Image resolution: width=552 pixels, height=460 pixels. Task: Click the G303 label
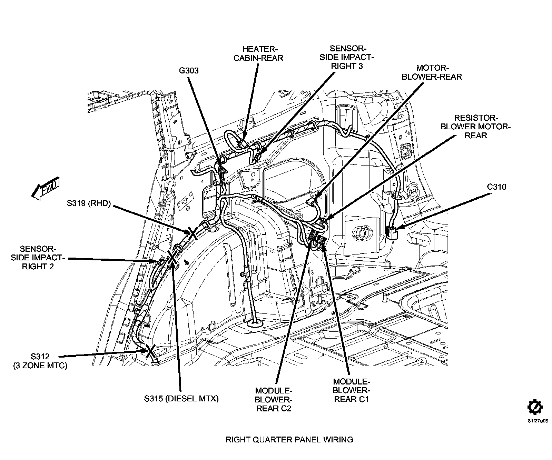coord(189,71)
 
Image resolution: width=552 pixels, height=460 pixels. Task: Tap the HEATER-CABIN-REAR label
coord(258,53)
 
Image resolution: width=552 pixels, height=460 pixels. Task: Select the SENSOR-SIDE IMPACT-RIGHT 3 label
coord(347,57)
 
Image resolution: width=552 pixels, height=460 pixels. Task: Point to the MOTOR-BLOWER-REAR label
coord(432,72)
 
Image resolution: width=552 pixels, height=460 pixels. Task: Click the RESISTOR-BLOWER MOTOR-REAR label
coord(476,127)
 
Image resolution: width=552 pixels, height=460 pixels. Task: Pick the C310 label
coord(496,187)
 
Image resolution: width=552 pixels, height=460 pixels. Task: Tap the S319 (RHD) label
coord(89,203)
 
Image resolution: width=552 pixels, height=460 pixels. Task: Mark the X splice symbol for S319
coord(192,233)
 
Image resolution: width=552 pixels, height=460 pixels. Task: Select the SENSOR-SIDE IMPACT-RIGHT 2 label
coord(38,258)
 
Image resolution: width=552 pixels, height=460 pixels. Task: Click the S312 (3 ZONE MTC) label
coord(40,361)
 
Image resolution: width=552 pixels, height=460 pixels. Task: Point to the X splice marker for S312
coord(150,351)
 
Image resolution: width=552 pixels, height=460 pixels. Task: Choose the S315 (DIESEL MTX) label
coord(181,399)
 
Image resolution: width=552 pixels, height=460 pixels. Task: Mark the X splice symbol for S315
coord(172,257)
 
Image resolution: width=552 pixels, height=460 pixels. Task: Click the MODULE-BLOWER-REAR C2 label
coord(274,399)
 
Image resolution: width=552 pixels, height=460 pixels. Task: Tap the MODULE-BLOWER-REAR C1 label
coord(352,390)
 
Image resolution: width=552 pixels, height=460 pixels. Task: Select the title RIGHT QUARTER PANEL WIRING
coord(289,439)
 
